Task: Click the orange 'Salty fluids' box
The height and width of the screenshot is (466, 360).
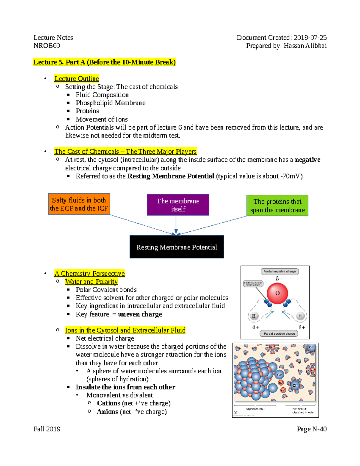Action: click(79, 204)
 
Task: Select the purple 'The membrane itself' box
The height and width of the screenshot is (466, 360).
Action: click(178, 205)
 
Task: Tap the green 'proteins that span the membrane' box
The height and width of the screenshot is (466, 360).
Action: click(277, 206)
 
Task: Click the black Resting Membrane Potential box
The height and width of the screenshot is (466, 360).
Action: click(177, 247)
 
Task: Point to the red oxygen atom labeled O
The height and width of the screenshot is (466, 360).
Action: click(277, 293)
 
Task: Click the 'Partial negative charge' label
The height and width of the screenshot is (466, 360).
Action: click(279, 272)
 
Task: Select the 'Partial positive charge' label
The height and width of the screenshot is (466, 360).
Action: click(279, 333)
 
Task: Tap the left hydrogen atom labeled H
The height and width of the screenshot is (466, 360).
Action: click(254, 316)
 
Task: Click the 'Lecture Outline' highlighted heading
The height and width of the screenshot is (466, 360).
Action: click(76, 79)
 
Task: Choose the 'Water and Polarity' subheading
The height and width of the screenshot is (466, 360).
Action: click(91, 281)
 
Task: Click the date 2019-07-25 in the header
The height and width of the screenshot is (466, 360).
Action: click(310, 38)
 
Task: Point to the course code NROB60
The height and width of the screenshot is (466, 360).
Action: click(47, 46)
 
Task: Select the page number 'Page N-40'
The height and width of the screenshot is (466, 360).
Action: click(312, 429)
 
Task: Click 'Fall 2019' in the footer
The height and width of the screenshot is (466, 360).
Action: click(47, 429)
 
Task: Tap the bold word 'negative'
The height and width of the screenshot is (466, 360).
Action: click(307, 160)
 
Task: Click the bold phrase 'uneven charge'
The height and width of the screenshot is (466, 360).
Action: click(140, 314)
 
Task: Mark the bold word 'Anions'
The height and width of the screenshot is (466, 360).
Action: click(107, 411)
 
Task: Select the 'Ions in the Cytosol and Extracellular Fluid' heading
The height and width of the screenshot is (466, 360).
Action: click(125, 330)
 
